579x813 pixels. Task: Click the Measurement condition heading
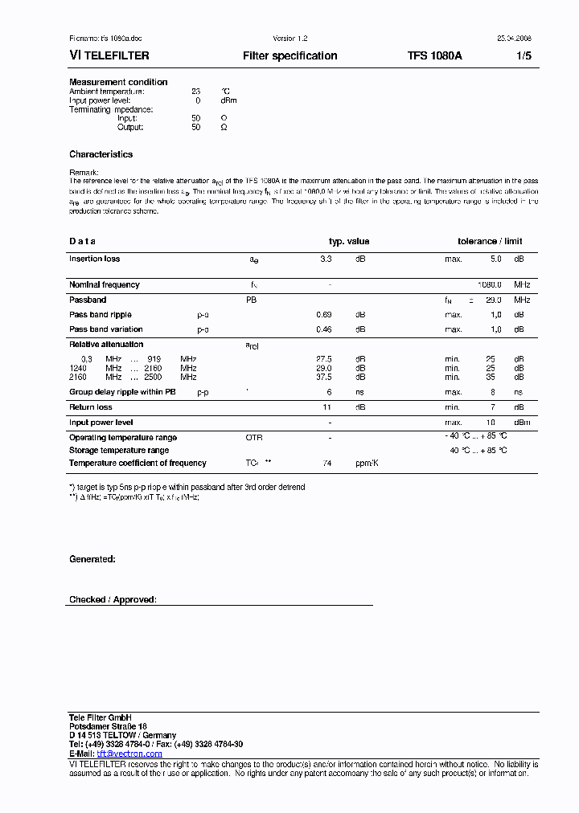coord(118,82)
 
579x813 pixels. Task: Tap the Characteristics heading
coord(101,154)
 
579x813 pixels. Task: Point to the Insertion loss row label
coord(94,259)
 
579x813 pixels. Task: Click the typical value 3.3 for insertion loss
coord(326,259)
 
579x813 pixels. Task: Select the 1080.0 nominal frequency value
coord(489,284)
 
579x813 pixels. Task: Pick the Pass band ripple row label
coord(100,315)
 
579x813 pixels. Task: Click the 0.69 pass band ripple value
coord(324,315)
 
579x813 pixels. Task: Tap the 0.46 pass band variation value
coord(324,329)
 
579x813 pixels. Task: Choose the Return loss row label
coord(90,407)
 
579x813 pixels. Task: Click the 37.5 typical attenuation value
coord(324,377)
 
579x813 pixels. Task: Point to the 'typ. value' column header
coord(349,242)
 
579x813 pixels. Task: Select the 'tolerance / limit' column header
coord(490,242)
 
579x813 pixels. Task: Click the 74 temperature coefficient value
coord(327,464)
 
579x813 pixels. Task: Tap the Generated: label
coord(92,559)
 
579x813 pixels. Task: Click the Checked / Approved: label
coord(113,600)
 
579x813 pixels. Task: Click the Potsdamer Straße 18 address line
coord(108,726)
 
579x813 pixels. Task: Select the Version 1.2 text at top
coord(290,39)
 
